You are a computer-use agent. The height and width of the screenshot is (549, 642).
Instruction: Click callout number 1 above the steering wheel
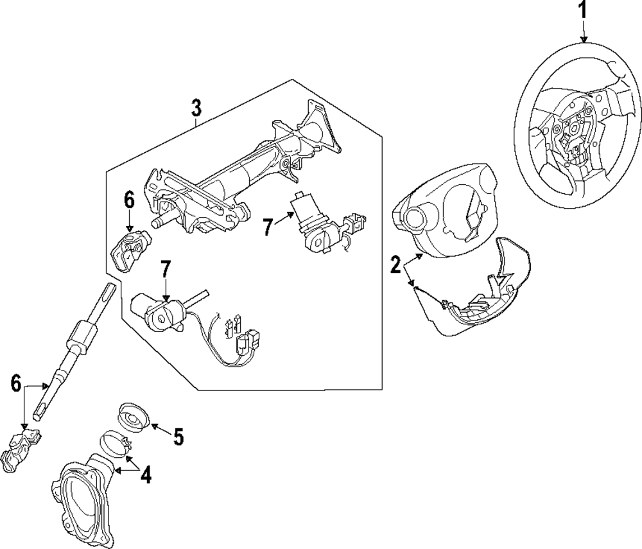584,11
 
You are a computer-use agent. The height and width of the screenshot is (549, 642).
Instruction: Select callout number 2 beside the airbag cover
396,264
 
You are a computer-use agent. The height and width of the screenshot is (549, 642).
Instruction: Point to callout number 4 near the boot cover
146,475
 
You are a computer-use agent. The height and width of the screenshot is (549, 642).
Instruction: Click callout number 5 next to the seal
178,437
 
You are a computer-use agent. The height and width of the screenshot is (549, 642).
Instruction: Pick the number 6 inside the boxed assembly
129,200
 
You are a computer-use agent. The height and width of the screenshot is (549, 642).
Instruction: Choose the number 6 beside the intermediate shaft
16,385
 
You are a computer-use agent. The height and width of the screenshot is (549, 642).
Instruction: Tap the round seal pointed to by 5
134,417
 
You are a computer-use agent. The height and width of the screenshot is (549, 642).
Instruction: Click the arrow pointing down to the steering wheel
584,32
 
